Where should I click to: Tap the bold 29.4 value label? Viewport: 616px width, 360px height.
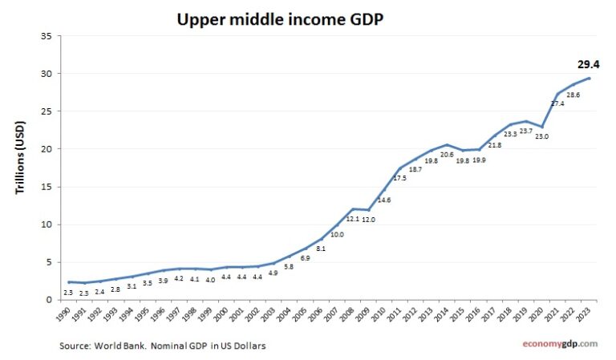click(x=588, y=64)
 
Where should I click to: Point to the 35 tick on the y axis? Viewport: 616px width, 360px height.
click(x=47, y=36)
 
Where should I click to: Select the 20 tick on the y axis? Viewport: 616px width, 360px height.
click(x=47, y=149)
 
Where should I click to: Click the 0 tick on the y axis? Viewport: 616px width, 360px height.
click(x=49, y=300)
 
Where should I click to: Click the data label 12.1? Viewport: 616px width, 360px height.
click(x=353, y=219)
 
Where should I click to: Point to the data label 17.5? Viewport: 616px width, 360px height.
click(x=400, y=178)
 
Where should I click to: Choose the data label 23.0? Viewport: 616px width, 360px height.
click(x=541, y=137)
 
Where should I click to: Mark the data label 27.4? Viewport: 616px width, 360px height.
click(x=557, y=103)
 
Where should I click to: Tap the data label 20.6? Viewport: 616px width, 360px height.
click(x=448, y=154)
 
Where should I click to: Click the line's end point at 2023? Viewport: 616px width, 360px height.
click(x=589, y=78)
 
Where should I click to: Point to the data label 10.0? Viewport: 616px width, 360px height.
click(x=338, y=234)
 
